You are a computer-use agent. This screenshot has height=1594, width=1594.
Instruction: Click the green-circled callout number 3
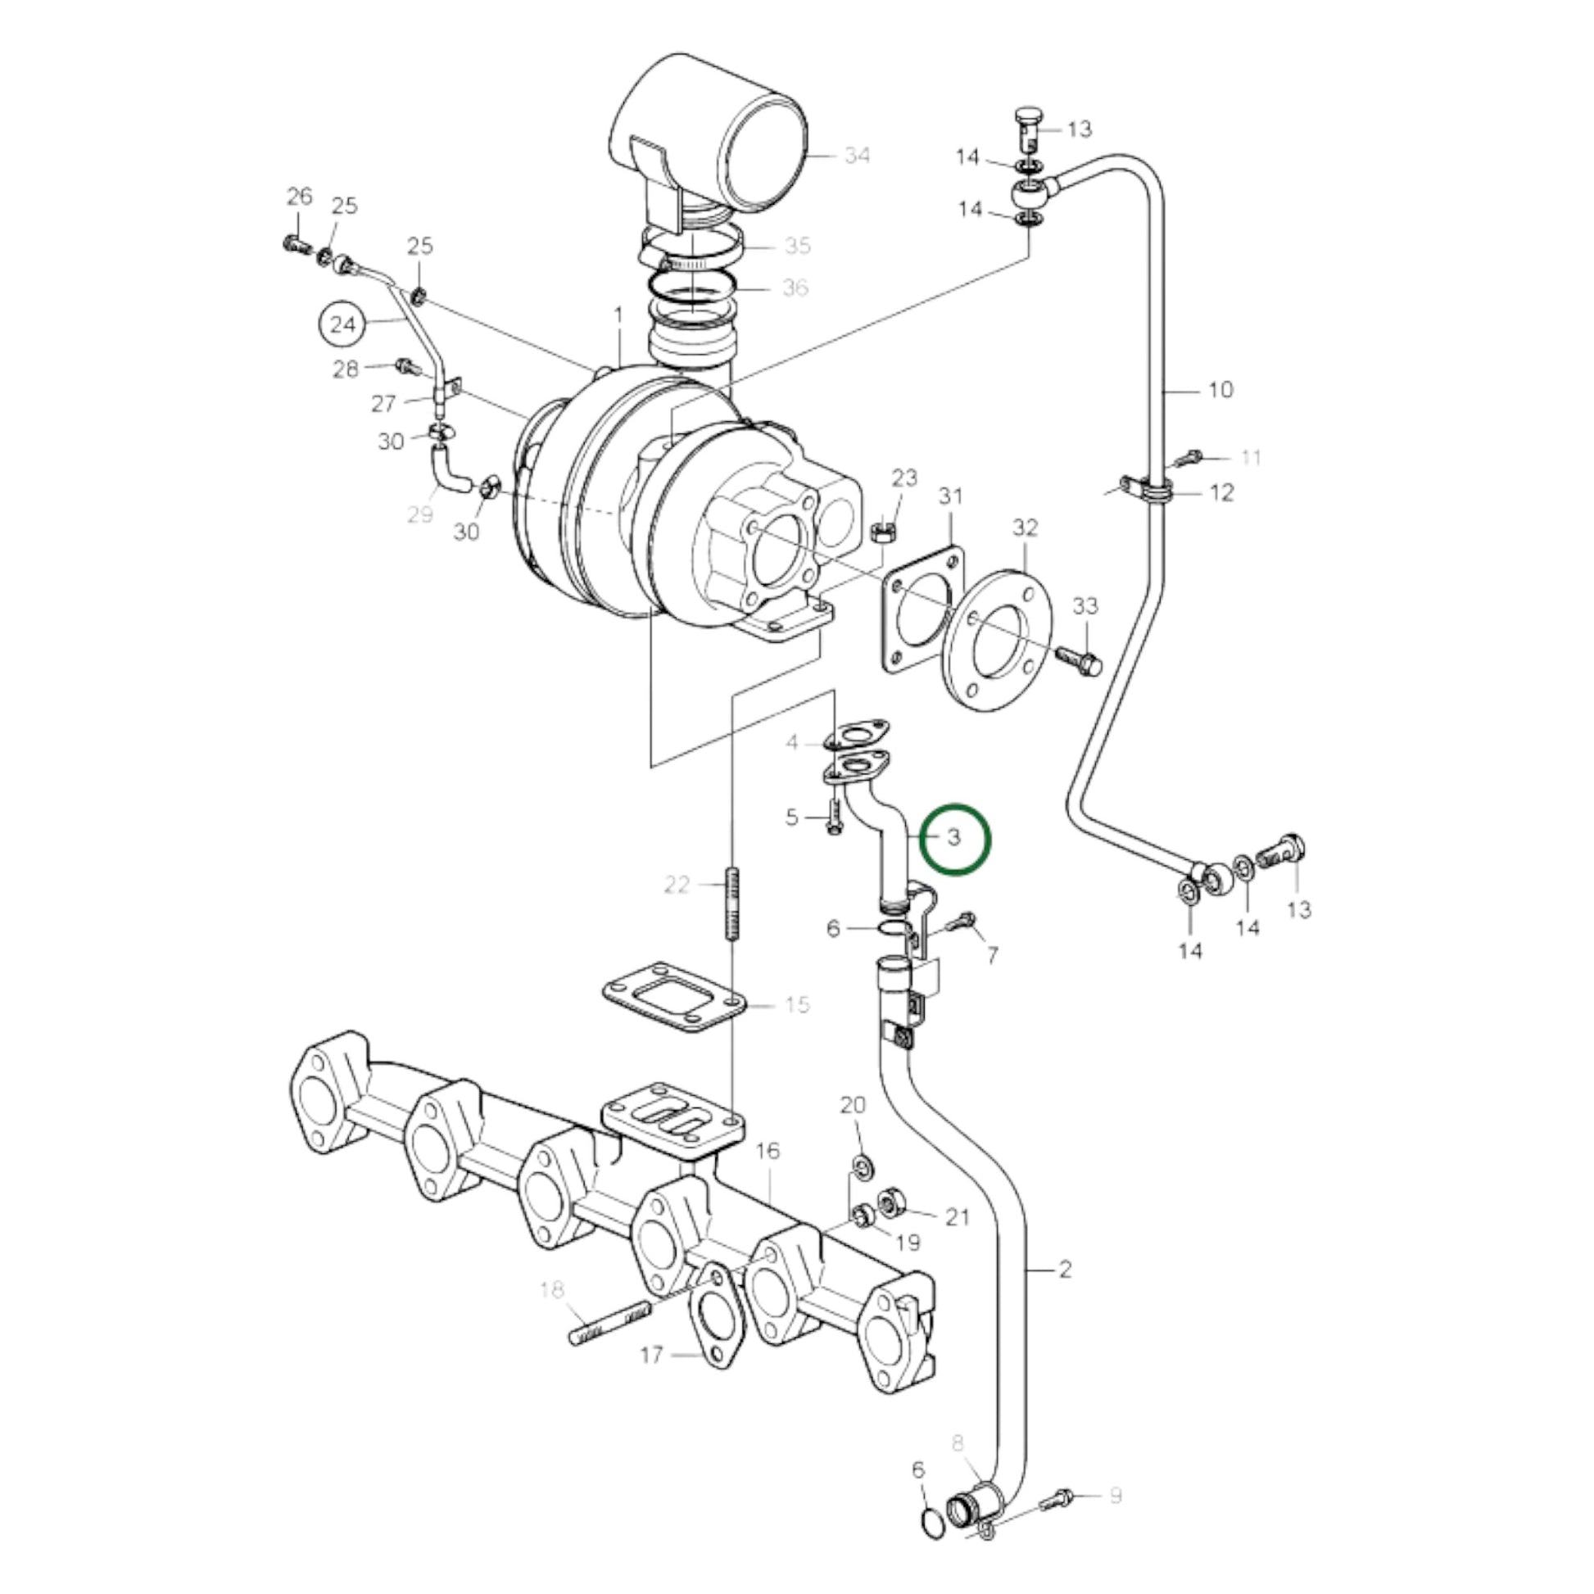(x=954, y=837)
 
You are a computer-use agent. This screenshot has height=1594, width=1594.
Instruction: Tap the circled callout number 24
(x=342, y=324)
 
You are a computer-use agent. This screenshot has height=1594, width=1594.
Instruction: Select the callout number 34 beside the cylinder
(x=858, y=155)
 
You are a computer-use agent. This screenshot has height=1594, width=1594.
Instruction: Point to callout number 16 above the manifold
(x=768, y=1151)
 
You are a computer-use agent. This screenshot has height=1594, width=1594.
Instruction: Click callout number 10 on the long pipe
(x=1220, y=388)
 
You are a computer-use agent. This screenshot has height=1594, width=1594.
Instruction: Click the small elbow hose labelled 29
(x=449, y=473)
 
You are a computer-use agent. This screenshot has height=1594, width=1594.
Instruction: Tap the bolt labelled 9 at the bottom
(x=1058, y=1497)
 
